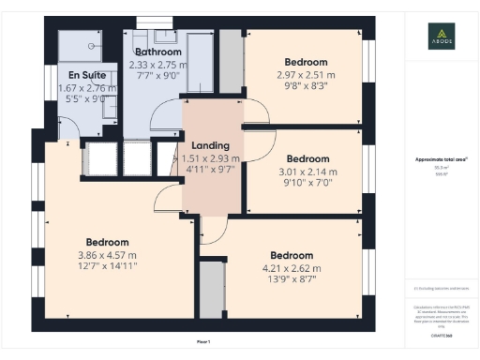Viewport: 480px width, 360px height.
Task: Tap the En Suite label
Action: [86, 75]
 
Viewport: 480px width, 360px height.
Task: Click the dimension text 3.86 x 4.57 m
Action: [106, 254]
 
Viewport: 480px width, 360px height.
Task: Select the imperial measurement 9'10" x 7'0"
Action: [306, 184]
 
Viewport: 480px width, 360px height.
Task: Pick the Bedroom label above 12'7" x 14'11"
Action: [106, 241]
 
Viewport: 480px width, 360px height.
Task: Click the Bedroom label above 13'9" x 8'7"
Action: [291, 256]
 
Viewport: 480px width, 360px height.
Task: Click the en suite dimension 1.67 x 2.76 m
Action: [85, 88]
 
